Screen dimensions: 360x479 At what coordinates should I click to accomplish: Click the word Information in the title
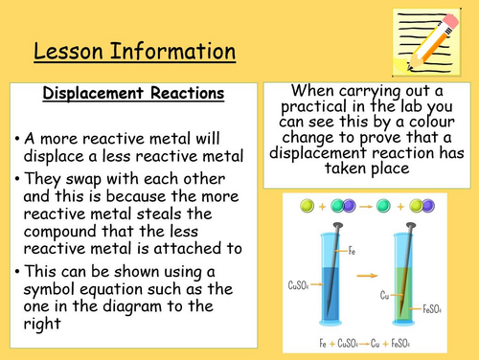point(170,51)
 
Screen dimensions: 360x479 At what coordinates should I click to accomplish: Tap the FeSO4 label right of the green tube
point(433,309)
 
